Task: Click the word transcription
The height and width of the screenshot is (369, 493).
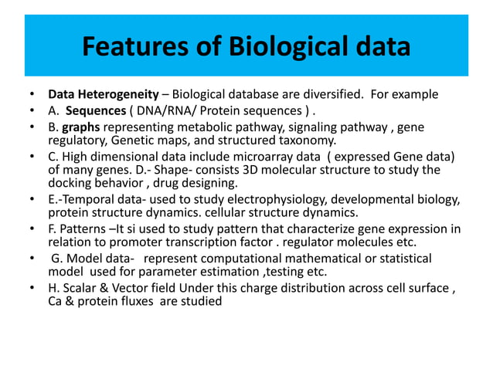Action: point(183,242)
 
